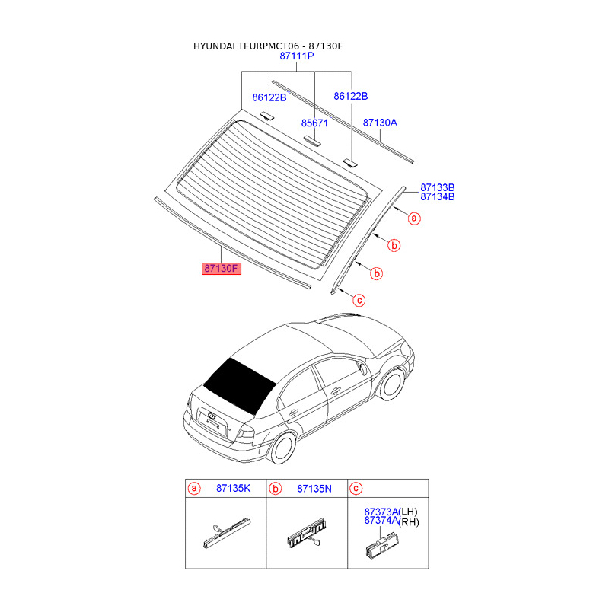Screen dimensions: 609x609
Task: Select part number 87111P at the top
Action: pos(297,57)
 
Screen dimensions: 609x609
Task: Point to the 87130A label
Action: pos(380,123)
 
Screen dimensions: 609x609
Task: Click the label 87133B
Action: pos(438,187)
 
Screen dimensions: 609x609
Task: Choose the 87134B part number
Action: pos(438,196)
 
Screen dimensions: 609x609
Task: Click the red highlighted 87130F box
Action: pos(221,268)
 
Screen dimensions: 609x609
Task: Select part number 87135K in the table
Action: pos(233,488)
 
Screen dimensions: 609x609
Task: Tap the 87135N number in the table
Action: pos(314,488)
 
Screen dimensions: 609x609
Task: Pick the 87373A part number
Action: pos(381,512)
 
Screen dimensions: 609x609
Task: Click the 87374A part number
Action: pos(381,521)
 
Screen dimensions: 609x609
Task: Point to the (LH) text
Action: pos(409,512)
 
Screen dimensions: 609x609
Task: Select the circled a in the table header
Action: pos(194,488)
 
